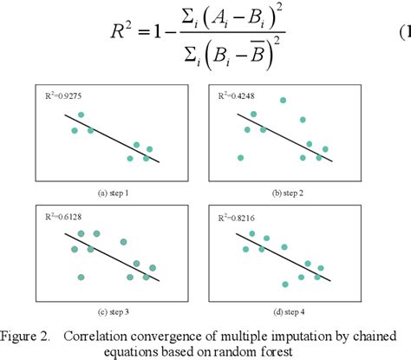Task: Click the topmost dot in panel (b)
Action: [x=283, y=101]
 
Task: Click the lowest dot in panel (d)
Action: [x=285, y=285]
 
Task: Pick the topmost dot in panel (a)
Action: [x=82, y=115]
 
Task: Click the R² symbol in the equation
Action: [x=122, y=39]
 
